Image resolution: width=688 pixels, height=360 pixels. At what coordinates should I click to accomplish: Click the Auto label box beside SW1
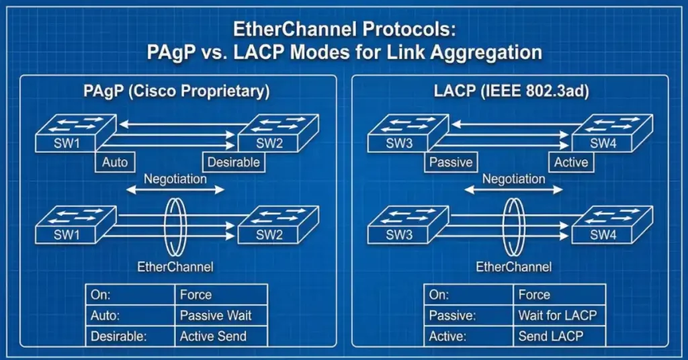tap(114, 162)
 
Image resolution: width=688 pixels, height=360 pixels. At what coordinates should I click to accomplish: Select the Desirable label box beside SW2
tap(232, 162)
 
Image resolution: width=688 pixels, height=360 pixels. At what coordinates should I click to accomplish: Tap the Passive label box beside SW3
tap(450, 162)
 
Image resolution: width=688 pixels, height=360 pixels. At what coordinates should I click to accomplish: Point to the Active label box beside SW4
tap(570, 162)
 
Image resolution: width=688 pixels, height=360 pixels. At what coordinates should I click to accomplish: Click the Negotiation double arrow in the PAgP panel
tap(175, 191)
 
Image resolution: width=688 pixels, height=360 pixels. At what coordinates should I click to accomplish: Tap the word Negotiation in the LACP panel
tap(513, 179)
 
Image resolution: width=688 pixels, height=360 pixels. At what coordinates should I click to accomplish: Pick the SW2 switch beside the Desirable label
tap(269, 138)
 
